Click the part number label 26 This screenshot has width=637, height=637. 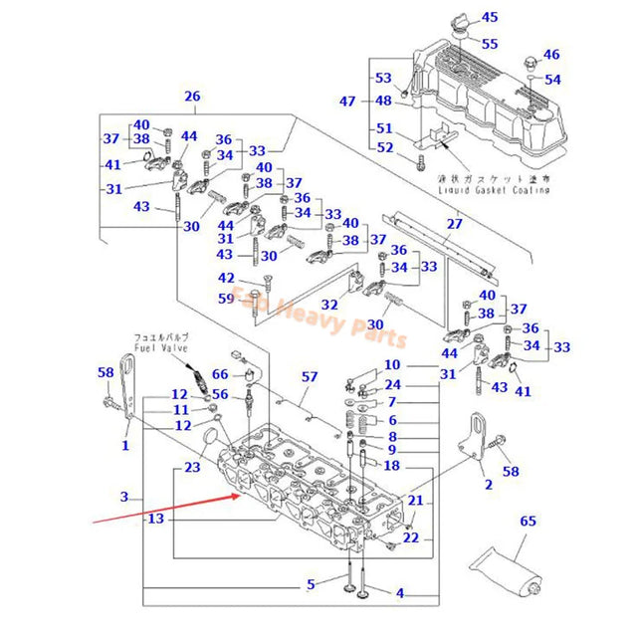[x=192, y=97]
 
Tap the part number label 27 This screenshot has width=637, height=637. [x=454, y=224]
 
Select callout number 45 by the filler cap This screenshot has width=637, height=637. [x=490, y=17]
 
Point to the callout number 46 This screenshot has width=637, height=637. [x=550, y=55]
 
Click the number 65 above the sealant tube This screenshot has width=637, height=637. [x=528, y=521]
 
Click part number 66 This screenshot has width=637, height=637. [x=221, y=374]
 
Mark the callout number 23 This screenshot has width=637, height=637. [x=192, y=466]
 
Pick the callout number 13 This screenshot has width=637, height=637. [x=154, y=520]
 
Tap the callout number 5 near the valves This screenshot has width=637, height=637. [x=311, y=583]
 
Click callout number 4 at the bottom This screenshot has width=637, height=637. [x=400, y=593]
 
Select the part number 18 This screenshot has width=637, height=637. [x=391, y=466]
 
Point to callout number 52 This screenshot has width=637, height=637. [x=384, y=147]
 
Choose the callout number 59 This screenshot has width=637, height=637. [x=228, y=298]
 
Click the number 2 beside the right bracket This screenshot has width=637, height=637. [x=489, y=485]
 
